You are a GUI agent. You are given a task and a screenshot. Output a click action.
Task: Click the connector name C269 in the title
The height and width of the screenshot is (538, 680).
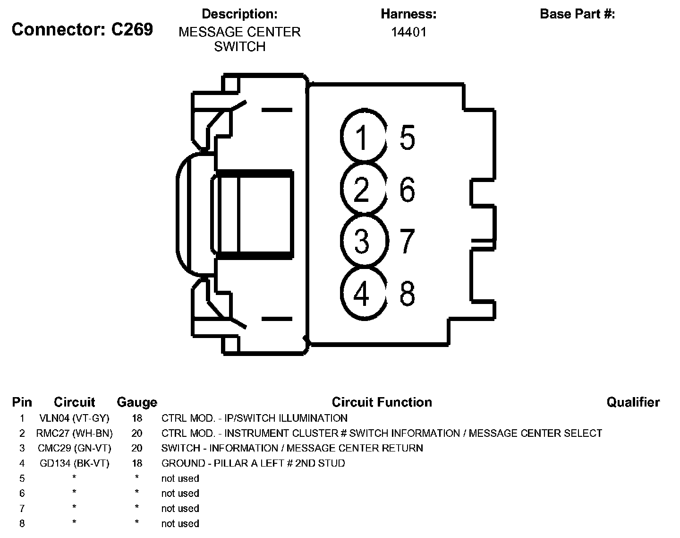point(132,29)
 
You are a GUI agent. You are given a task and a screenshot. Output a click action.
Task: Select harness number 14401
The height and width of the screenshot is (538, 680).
point(408,32)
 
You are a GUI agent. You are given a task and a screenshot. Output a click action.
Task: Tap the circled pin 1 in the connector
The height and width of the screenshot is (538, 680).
point(362,137)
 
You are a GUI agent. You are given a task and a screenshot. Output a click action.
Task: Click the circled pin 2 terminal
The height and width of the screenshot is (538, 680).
point(362,189)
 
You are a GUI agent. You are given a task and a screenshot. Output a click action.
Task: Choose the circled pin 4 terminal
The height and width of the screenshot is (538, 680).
point(362,293)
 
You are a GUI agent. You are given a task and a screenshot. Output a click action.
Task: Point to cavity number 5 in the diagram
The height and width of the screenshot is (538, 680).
point(407,138)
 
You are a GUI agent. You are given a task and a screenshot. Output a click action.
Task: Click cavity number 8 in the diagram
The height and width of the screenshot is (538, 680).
point(407,293)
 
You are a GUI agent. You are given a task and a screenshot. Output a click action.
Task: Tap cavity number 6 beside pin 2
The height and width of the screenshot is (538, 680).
point(407,189)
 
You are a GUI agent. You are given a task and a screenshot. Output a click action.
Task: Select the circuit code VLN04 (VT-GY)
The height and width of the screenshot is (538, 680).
point(74,418)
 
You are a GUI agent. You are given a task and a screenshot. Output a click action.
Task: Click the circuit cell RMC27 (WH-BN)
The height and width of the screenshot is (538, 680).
point(74,433)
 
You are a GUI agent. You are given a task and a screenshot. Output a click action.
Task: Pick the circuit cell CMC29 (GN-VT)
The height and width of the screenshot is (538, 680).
point(74,448)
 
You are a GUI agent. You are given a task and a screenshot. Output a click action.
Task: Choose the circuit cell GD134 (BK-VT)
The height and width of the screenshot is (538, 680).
point(74,463)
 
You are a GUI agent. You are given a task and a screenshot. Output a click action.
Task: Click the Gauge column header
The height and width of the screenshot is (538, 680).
point(137,402)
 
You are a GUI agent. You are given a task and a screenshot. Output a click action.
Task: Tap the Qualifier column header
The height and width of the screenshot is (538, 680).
point(633,402)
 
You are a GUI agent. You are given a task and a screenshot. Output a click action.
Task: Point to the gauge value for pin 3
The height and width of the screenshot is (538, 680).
point(137,448)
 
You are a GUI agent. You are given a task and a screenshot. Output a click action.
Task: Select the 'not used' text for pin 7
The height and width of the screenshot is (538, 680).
point(180,509)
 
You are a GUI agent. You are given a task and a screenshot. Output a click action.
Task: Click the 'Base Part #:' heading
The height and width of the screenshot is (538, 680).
point(577,14)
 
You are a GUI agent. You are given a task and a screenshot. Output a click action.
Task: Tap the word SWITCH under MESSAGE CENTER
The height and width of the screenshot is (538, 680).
point(239,47)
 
